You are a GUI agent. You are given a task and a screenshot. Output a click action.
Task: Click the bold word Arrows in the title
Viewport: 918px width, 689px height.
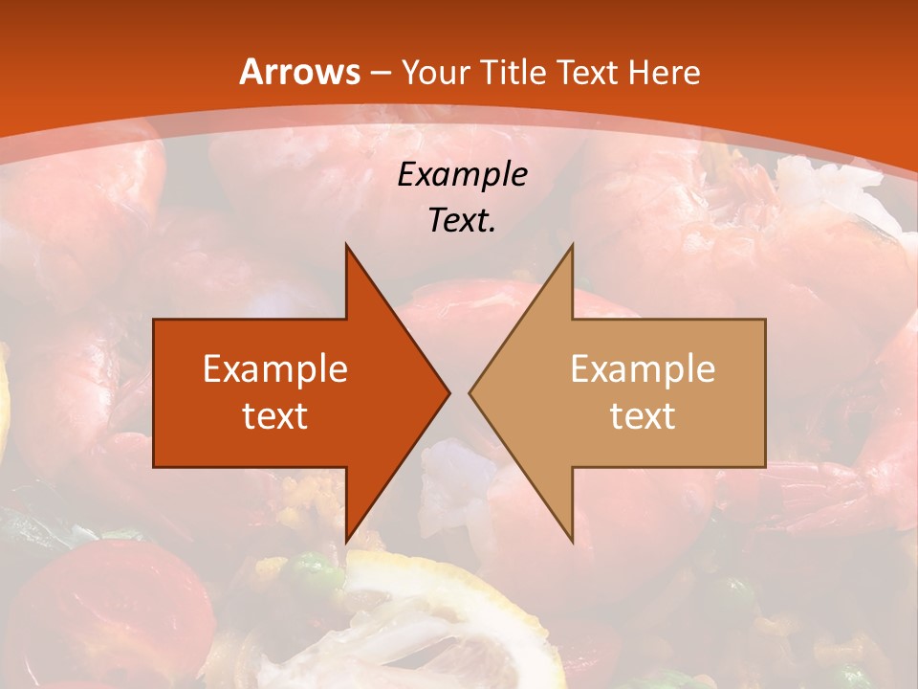click(299, 72)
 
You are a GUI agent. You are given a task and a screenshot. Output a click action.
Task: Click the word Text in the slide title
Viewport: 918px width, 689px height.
click(586, 73)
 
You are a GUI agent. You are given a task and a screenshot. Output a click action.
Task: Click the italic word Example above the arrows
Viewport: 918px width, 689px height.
click(462, 174)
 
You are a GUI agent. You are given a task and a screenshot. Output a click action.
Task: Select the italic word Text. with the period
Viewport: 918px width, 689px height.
click(462, 220)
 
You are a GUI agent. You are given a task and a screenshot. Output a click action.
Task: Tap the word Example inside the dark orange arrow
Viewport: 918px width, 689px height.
click(275, 368)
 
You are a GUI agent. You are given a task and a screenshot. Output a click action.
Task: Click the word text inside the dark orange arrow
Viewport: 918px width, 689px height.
click(275, 415)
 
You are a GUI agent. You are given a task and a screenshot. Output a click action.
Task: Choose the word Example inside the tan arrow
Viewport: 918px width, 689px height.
click(643, 368)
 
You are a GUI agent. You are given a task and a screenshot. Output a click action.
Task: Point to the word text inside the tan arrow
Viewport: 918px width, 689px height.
click(643, 415)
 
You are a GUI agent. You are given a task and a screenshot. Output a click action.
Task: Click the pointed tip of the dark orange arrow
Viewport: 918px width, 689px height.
click(448, 392)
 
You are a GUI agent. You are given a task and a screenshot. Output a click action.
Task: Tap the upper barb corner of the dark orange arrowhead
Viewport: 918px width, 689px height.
click(346, 245)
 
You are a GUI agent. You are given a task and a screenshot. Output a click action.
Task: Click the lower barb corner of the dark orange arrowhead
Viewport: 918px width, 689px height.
click(346, 541)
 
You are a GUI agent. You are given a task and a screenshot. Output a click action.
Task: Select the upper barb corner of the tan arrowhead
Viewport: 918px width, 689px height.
click(572, 245)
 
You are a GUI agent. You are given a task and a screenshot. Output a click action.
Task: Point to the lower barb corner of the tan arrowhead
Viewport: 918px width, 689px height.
click(572, 541)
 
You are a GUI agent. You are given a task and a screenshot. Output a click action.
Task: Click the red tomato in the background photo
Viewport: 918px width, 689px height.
click(105, 612)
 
